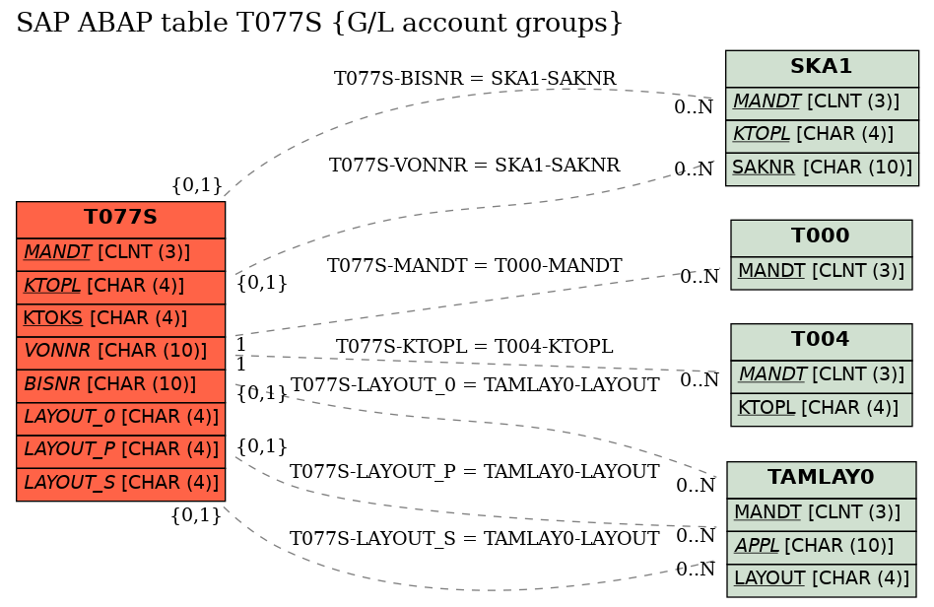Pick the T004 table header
[821, 341]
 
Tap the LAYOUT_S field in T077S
[120, 484]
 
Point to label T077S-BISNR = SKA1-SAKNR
[475, 78]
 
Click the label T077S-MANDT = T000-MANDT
[475, 265]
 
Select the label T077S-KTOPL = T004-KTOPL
[475, 346]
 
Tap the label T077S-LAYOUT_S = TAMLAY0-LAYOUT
[475, 538]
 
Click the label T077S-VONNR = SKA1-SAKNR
[475, 165]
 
